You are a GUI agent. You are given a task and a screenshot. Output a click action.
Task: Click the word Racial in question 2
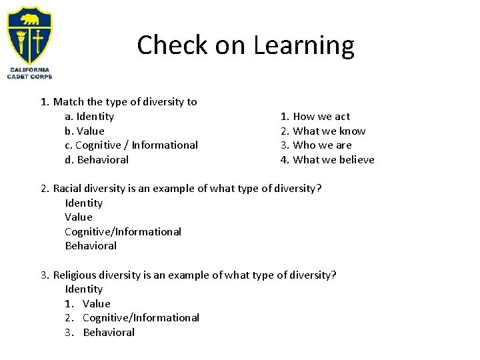(68, 188)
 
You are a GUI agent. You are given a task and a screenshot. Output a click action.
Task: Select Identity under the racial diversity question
(84, 203)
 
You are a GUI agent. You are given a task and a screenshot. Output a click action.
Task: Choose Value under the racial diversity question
(79, 217)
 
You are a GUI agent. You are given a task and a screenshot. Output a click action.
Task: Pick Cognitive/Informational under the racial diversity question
(123, 232)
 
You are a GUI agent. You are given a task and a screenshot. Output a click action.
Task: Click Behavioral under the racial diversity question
(91, 246)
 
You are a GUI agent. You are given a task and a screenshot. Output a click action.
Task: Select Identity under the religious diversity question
(84, 289)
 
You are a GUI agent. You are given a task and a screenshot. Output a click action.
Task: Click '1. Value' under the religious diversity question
(88, 304)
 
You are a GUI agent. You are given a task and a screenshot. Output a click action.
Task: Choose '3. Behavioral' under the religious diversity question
(100, 333)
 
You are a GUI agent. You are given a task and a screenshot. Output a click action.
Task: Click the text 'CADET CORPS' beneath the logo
(30, 77)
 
